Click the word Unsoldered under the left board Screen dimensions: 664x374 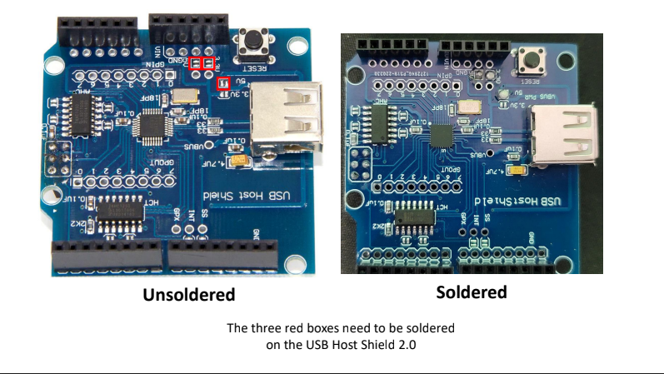[188, 295]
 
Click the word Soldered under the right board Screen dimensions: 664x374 [472, 292]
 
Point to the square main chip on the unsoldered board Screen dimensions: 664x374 [152, 127]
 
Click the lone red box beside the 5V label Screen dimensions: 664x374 [222, 82]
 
